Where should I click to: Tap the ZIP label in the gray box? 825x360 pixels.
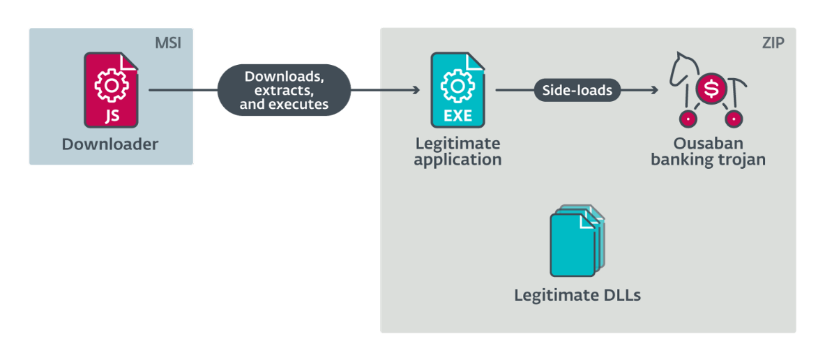pyautogui.click(x=773, y=43)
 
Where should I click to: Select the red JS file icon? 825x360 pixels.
pyautogui.click(x=111, y=90)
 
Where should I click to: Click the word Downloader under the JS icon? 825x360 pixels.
pyautogui.click(x=110, y=145)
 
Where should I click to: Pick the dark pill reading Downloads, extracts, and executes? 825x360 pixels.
pyautogui.click(x=284, y=90)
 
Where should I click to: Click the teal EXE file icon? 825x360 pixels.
pyautogui.click(x=457, y=90)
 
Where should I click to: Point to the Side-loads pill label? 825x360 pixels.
pyautogui.click(x=577, y=90)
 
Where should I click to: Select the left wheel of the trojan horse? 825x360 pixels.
pyautogui.click(x=688, y=119)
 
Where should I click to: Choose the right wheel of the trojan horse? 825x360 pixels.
pyautogui.click(x=734, y=119)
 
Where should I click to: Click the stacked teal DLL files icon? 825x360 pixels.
pyautogui.click(x=577, y=241)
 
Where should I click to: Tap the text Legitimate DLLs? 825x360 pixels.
pyautogui.click(x=577, y=295)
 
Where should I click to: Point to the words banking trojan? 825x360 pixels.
pyautogui.click(x=708, y=160)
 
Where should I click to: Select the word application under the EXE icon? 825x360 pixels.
pyautogui.click(x=457, y=160)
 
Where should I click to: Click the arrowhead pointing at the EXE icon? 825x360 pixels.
pyautogui.click(x=416, y=90)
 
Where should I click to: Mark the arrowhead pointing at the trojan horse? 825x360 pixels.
pyautogui.click(x=654, y=90)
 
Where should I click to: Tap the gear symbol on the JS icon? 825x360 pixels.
pyautogui.click(x=110, y=84)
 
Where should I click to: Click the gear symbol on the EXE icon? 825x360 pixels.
pyautogui.click(x=457, y=84)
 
